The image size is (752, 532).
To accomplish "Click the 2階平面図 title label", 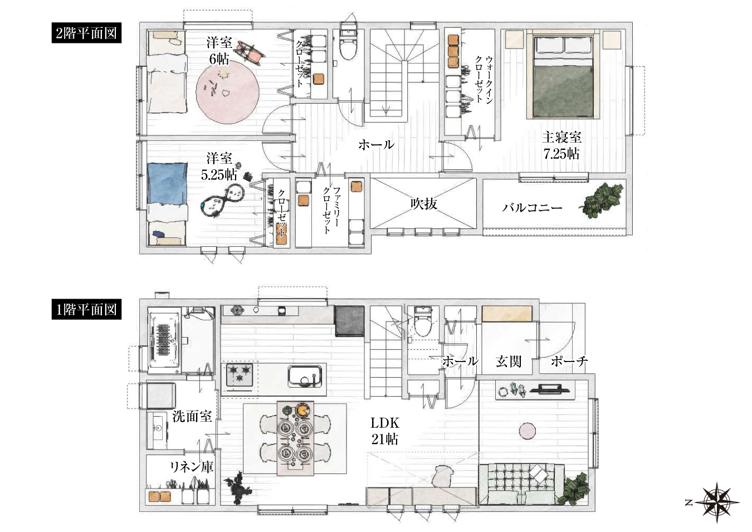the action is [86, 33].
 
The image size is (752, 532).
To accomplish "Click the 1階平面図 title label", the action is [86, 310].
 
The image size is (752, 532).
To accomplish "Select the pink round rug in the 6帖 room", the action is [227, 92].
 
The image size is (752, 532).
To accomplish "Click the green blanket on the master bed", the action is [563, 90].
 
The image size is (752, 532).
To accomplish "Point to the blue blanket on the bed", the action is [167, 183].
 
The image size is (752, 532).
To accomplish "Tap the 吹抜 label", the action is [424, 204].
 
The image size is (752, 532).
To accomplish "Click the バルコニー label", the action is [532, 208].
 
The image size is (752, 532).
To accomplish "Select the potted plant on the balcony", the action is [603, 201].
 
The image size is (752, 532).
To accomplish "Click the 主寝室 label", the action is [561, 137].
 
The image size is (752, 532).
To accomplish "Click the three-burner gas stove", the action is [240, 374].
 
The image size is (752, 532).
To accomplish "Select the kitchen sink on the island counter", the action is [305, 376].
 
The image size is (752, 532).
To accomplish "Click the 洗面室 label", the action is [192, 416].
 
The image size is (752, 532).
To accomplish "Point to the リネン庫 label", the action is [192, 467].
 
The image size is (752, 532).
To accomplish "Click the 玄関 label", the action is [509, 362].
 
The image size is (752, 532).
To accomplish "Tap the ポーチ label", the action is [569, 362].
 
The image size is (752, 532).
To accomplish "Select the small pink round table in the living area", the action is [527, 431].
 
